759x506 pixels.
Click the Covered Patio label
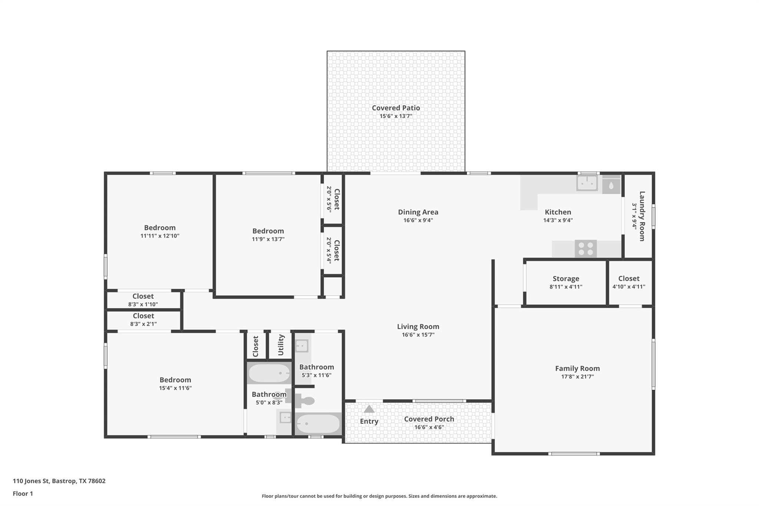point(396,108)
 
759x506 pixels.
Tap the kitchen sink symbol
point(587,183)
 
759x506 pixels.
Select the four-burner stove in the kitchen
point(586,249)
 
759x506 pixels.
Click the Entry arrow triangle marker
point(369,409)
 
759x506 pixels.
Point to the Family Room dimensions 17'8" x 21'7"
point(577,377)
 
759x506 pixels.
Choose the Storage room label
point(566,279)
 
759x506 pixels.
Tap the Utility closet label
point(281,345)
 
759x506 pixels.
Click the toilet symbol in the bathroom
point(305,401)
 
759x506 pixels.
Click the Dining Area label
point(418,212)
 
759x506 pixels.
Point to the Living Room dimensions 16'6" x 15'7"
point(418,335)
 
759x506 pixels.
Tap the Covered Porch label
point(429,419)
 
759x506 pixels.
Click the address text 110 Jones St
point(31,481)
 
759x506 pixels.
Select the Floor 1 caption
point(23,493)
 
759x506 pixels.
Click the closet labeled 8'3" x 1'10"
point(143,300)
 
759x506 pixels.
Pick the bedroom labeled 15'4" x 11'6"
point(175,384)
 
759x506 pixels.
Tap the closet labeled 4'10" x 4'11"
point(629,282)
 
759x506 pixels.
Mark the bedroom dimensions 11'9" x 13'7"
point(268,239)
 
